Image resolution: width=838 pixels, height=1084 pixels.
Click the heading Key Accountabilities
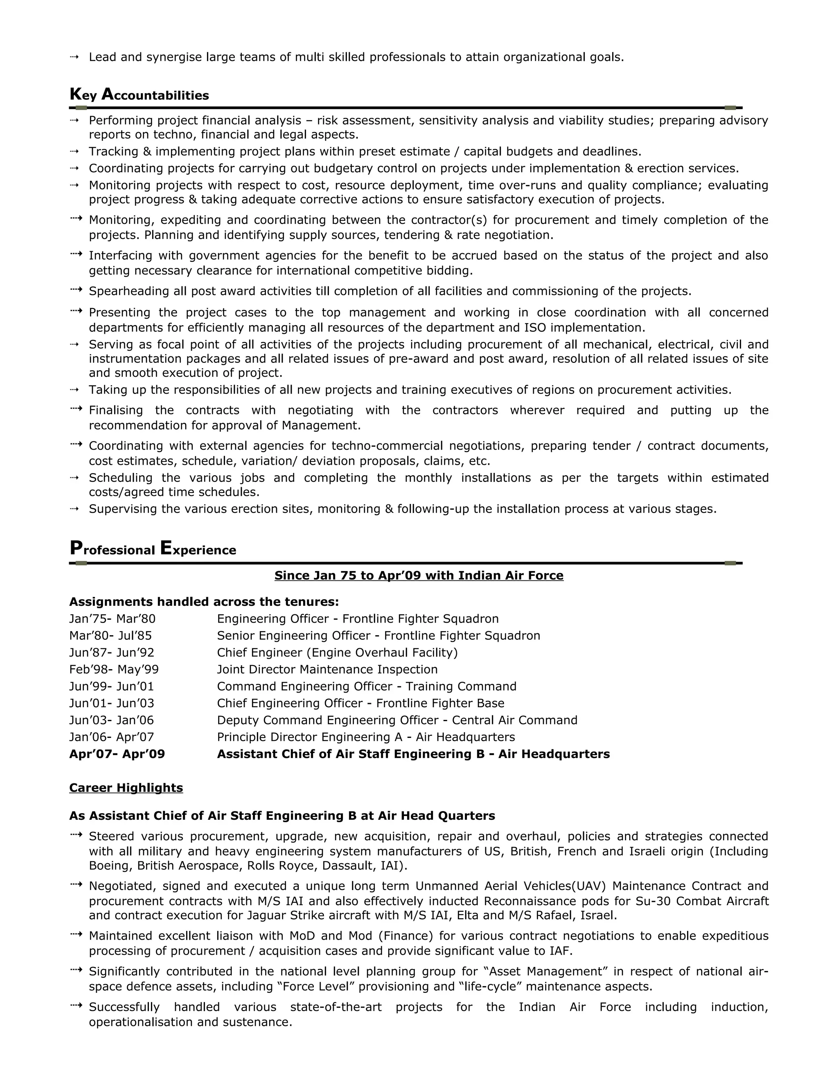pyautogui.click(x=139, y=95)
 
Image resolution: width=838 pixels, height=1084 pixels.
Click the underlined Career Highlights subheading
pyautogui.click(x=126, y=788)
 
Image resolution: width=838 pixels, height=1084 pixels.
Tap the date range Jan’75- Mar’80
pyautogui.click(x=112, y=619)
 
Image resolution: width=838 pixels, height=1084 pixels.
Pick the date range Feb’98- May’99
pyautogui.click(x=114, y=670)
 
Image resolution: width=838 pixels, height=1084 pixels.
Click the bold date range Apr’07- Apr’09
pyautogui.click(x=117, y=754)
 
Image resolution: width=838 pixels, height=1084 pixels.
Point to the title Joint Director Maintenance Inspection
pyautogui.click(x=327, y=670)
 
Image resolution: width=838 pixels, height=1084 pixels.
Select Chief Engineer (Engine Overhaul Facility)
pyautogui.click(x=337, y=653)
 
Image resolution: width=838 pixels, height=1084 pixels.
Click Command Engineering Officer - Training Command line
pyautogui.click(x=366, y=686)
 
